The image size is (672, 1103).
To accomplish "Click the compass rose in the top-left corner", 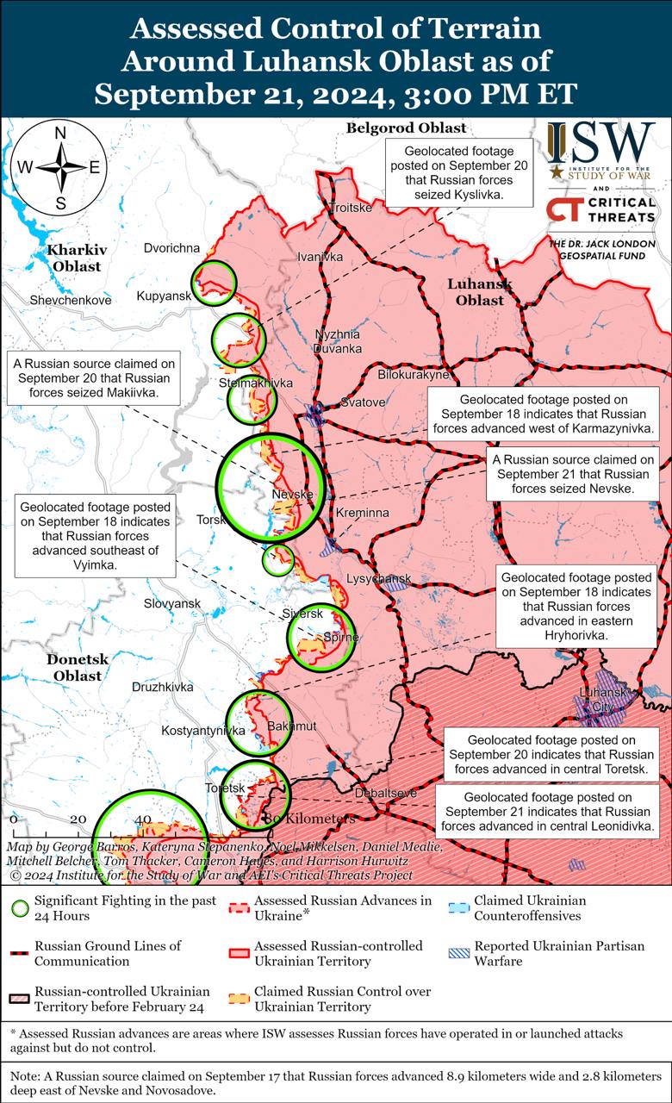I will tap(60, 168).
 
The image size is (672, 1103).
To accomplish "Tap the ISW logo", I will tap(600, 147).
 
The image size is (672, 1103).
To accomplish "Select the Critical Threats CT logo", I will tap(563, 210).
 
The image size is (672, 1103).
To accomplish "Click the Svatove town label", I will tap(363, 402).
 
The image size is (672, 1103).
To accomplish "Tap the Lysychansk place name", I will tap(378, 578).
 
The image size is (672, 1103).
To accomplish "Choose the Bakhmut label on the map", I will tap(292, 726).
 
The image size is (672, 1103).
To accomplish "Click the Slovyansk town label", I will tap(172, 604).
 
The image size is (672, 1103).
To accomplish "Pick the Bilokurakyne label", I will tap(414, 375).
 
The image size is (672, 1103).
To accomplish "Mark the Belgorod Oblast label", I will tap(406, 128).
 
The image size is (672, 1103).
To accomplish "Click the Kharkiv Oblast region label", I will tap(77, 258).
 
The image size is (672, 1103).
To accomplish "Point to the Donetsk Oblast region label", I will tap(77, 667).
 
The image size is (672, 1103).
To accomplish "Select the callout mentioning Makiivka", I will tap(92, 378).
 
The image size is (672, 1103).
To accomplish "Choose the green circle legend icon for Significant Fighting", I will tap(18, 908).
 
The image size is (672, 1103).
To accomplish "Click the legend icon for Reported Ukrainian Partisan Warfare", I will tap(458, 953).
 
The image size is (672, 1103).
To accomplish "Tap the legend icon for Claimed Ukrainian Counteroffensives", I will tap(458, 907).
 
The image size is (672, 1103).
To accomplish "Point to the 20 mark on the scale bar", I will tap(78, 819).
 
